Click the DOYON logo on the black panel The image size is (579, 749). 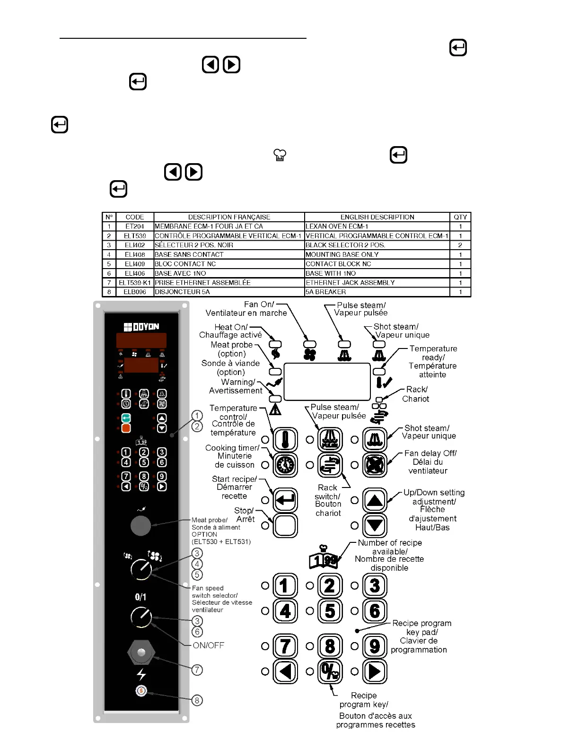(x=141, y=327)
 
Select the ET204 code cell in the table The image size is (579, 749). (x=135, y=226)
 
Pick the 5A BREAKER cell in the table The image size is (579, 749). (x=377, y=292)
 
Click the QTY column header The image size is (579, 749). (x=460, y=217)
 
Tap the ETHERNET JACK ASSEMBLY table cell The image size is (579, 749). (x=377, y=282)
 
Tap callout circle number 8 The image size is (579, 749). (x=197, y=700)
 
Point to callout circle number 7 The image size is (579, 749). (x=197, y=670)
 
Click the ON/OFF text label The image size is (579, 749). (x=208, y=645)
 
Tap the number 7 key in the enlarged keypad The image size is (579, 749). (x=285, y=646)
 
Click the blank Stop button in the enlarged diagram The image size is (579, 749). (x=286, y=525)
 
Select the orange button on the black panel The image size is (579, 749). (x=126, y=428)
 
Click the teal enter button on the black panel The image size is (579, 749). (x=126, y=418)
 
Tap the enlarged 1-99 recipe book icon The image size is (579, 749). (x=323, y=560)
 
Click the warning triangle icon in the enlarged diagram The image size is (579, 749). (x=275, y=409)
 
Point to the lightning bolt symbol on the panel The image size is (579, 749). (x=141, y=674)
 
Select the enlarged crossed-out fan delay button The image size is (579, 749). (x=375, y=465)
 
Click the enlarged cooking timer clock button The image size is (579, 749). (x=286, y=465)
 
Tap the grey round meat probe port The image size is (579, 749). (x=140, y=525)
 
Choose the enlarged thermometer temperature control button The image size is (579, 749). (x=286, y=439)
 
